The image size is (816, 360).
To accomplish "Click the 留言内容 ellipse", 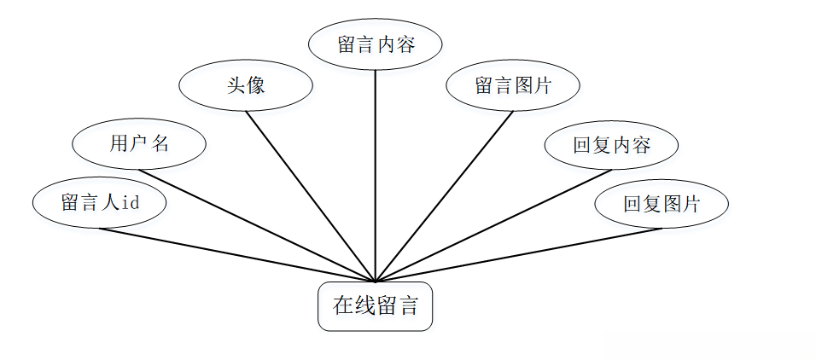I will (x=376, y=44).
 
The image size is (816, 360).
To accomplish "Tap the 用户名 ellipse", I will (x=139, y=143).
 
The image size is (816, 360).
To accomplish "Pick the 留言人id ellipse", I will (x=99, y=203).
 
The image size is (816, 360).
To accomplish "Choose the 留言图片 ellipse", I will (x=513, y=85).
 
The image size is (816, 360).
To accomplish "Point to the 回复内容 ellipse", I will (x=611, y=145).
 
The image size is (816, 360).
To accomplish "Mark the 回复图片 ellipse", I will (x=662, y=204).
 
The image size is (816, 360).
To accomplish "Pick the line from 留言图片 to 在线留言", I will (x=444, y=197).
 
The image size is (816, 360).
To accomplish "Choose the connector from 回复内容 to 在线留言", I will (x=495, y=224).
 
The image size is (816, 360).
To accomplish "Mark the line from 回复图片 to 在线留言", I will (x=521, y=254).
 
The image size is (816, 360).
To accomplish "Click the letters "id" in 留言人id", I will (x=131, y=203).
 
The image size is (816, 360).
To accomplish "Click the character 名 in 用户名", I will (x=160, y=143).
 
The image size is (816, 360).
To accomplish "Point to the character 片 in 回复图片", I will (x=691, y=204).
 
